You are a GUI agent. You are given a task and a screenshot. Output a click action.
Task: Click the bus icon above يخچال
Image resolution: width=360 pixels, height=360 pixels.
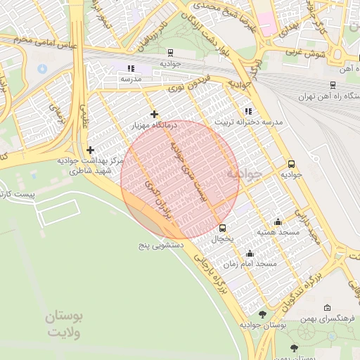222,228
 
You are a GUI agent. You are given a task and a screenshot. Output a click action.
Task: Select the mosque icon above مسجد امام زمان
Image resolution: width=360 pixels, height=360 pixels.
250,253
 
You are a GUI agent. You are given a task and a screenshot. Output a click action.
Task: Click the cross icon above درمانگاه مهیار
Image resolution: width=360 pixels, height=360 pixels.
154,114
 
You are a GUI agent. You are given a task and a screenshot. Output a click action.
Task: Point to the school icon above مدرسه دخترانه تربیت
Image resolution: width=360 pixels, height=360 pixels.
247,111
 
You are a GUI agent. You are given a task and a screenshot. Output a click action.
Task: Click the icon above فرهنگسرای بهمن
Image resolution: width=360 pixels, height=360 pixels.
327,308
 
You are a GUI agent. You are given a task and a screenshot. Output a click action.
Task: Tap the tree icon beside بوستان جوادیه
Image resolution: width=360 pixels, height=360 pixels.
263,314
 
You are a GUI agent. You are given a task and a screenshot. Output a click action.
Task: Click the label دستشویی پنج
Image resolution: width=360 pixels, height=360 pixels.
162,246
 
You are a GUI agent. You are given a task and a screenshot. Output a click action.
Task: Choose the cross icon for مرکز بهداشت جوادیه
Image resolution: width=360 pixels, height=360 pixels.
90,150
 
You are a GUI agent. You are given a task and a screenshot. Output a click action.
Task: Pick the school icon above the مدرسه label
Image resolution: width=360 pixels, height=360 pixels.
130,68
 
